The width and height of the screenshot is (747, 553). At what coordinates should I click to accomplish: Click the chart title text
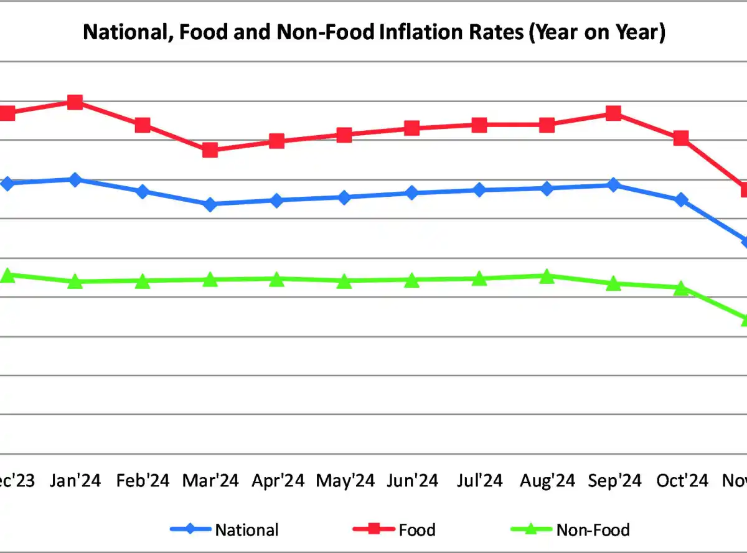(374, 32)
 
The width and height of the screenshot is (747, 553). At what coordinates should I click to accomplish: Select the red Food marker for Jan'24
(75, 102)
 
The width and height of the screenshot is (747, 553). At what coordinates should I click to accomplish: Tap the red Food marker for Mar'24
(210, 150)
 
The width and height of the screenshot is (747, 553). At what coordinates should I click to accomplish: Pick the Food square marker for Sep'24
(613, 113)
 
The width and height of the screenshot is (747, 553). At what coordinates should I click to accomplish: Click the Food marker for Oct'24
(681, 138)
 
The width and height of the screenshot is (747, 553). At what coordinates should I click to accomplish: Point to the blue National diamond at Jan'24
(75, 179)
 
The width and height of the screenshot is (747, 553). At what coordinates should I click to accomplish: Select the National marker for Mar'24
(210, 204)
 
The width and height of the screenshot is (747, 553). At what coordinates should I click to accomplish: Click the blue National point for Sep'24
(613, 185)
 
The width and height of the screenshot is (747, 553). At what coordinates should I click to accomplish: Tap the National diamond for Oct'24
(681, 200)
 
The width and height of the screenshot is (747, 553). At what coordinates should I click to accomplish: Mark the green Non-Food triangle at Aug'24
(547, 276)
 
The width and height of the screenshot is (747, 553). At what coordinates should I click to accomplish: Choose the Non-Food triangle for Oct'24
(681, 288)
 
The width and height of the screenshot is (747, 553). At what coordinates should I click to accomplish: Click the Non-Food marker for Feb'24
(143, 281)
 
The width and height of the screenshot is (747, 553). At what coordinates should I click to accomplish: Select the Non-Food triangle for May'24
(344, 281)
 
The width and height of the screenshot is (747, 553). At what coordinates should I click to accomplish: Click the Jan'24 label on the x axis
(76, 481)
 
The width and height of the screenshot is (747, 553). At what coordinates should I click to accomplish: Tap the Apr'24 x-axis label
(278, 481)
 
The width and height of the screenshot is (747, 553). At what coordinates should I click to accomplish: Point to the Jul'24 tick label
(479, 481)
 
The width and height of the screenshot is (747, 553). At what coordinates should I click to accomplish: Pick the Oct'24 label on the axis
(682, 481)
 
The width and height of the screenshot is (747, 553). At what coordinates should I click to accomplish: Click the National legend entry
(247, 530)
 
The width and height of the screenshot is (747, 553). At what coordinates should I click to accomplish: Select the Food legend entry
(416, 530)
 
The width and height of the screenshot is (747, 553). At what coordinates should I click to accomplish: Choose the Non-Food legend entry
(593, 530)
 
